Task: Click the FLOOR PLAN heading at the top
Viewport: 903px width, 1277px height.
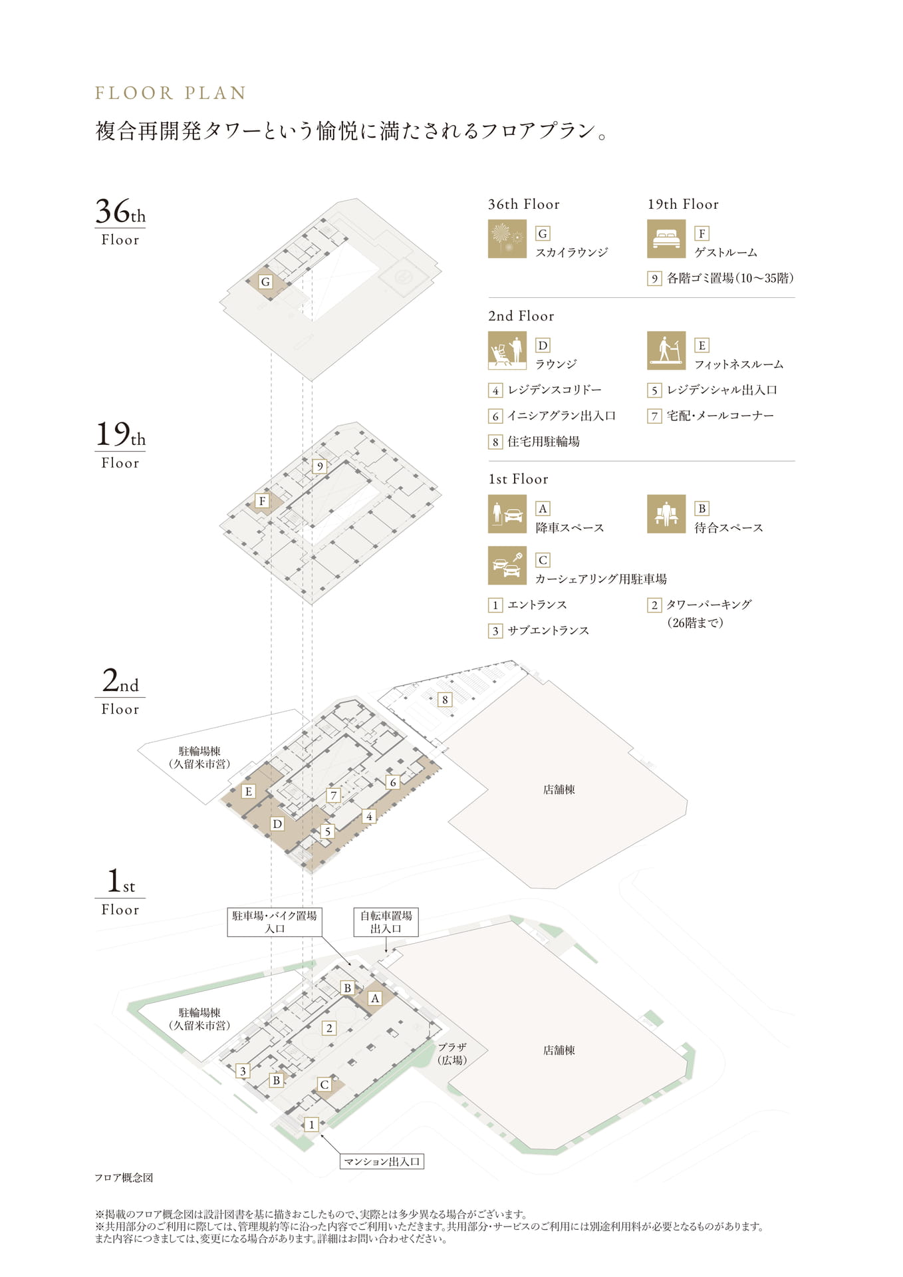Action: pyautogui.click(x=170, y=93)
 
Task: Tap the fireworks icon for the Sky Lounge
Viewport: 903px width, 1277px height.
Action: pyautogui.click(x=507, y=239)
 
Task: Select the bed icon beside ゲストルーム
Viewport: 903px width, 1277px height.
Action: pyautogui.click(x=666, y=239)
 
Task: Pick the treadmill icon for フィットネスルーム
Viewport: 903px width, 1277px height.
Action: pyautogui.click(x=666, y=351)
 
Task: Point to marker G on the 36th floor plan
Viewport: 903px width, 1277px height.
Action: pyautogui.click(x=265, y=281)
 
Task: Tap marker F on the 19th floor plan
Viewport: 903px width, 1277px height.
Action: pyautogui.click(x=262, y=501)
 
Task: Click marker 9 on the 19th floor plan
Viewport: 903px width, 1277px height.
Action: pyautogui.click(x=320, y=466)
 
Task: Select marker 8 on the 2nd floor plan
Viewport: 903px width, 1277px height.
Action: pyautogui.click(x=445, y=700)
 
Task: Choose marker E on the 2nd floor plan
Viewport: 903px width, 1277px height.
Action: pyautogui.click(x=249, y=791)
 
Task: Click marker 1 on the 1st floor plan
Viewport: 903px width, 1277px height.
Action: pyautogui.click(x=311, y=1124)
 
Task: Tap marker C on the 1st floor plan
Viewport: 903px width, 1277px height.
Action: pyautogui.click(x=324, y=1084)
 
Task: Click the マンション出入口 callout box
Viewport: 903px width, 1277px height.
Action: pyautogui.click(x=382, y=1161)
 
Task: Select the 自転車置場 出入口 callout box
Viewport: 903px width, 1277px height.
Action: pyautogui.click(x=386, y=922)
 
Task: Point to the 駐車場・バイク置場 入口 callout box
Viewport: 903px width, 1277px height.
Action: pyautogui.click(x=275, y=922)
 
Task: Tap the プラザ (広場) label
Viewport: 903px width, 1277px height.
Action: pyautogui.click(x=452, y=1054)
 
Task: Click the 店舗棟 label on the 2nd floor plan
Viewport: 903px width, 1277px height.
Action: pyautogui.click(x=559, y=789)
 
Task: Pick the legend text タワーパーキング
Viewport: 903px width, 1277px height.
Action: pyautogui.click(x=709, y=605)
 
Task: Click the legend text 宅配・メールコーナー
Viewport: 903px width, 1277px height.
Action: pyautogui.click(x=720, y=416)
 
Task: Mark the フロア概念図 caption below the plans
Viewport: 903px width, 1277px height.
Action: pyautogui.click(x=124, y=1177)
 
